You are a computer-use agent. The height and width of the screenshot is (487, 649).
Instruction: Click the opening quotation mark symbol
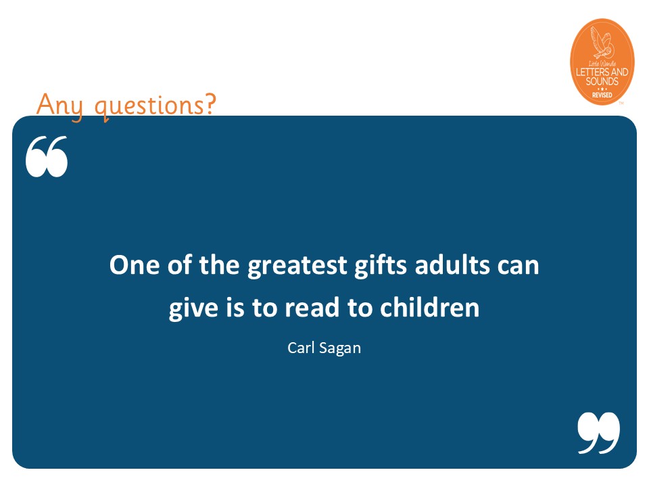tap(47, 156)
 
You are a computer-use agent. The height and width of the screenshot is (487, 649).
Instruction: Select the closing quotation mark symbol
tap(599, 433)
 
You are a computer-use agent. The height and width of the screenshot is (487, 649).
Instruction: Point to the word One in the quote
tap(134, 264)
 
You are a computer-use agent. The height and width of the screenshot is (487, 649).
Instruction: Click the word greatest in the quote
tap(297, 266)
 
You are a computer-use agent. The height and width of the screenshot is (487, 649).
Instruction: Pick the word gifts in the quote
tap(381, 266)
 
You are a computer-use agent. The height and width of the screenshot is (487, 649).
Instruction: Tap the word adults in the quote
tap(452, 264)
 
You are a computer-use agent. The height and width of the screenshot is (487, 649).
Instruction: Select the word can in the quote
tap(519, 266)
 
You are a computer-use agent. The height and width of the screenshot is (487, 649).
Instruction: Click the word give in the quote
tap(193, 309)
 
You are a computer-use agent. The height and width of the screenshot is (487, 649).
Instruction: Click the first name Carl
tap(301, 348)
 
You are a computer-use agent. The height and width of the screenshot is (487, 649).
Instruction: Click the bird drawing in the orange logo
tap(602, 43)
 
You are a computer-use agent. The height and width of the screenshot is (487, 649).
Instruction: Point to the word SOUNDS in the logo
tap(602, 81)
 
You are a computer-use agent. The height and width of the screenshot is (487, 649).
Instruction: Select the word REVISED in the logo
tap(602, 95)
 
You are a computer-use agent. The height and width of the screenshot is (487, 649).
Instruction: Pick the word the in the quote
tap(219, 264)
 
